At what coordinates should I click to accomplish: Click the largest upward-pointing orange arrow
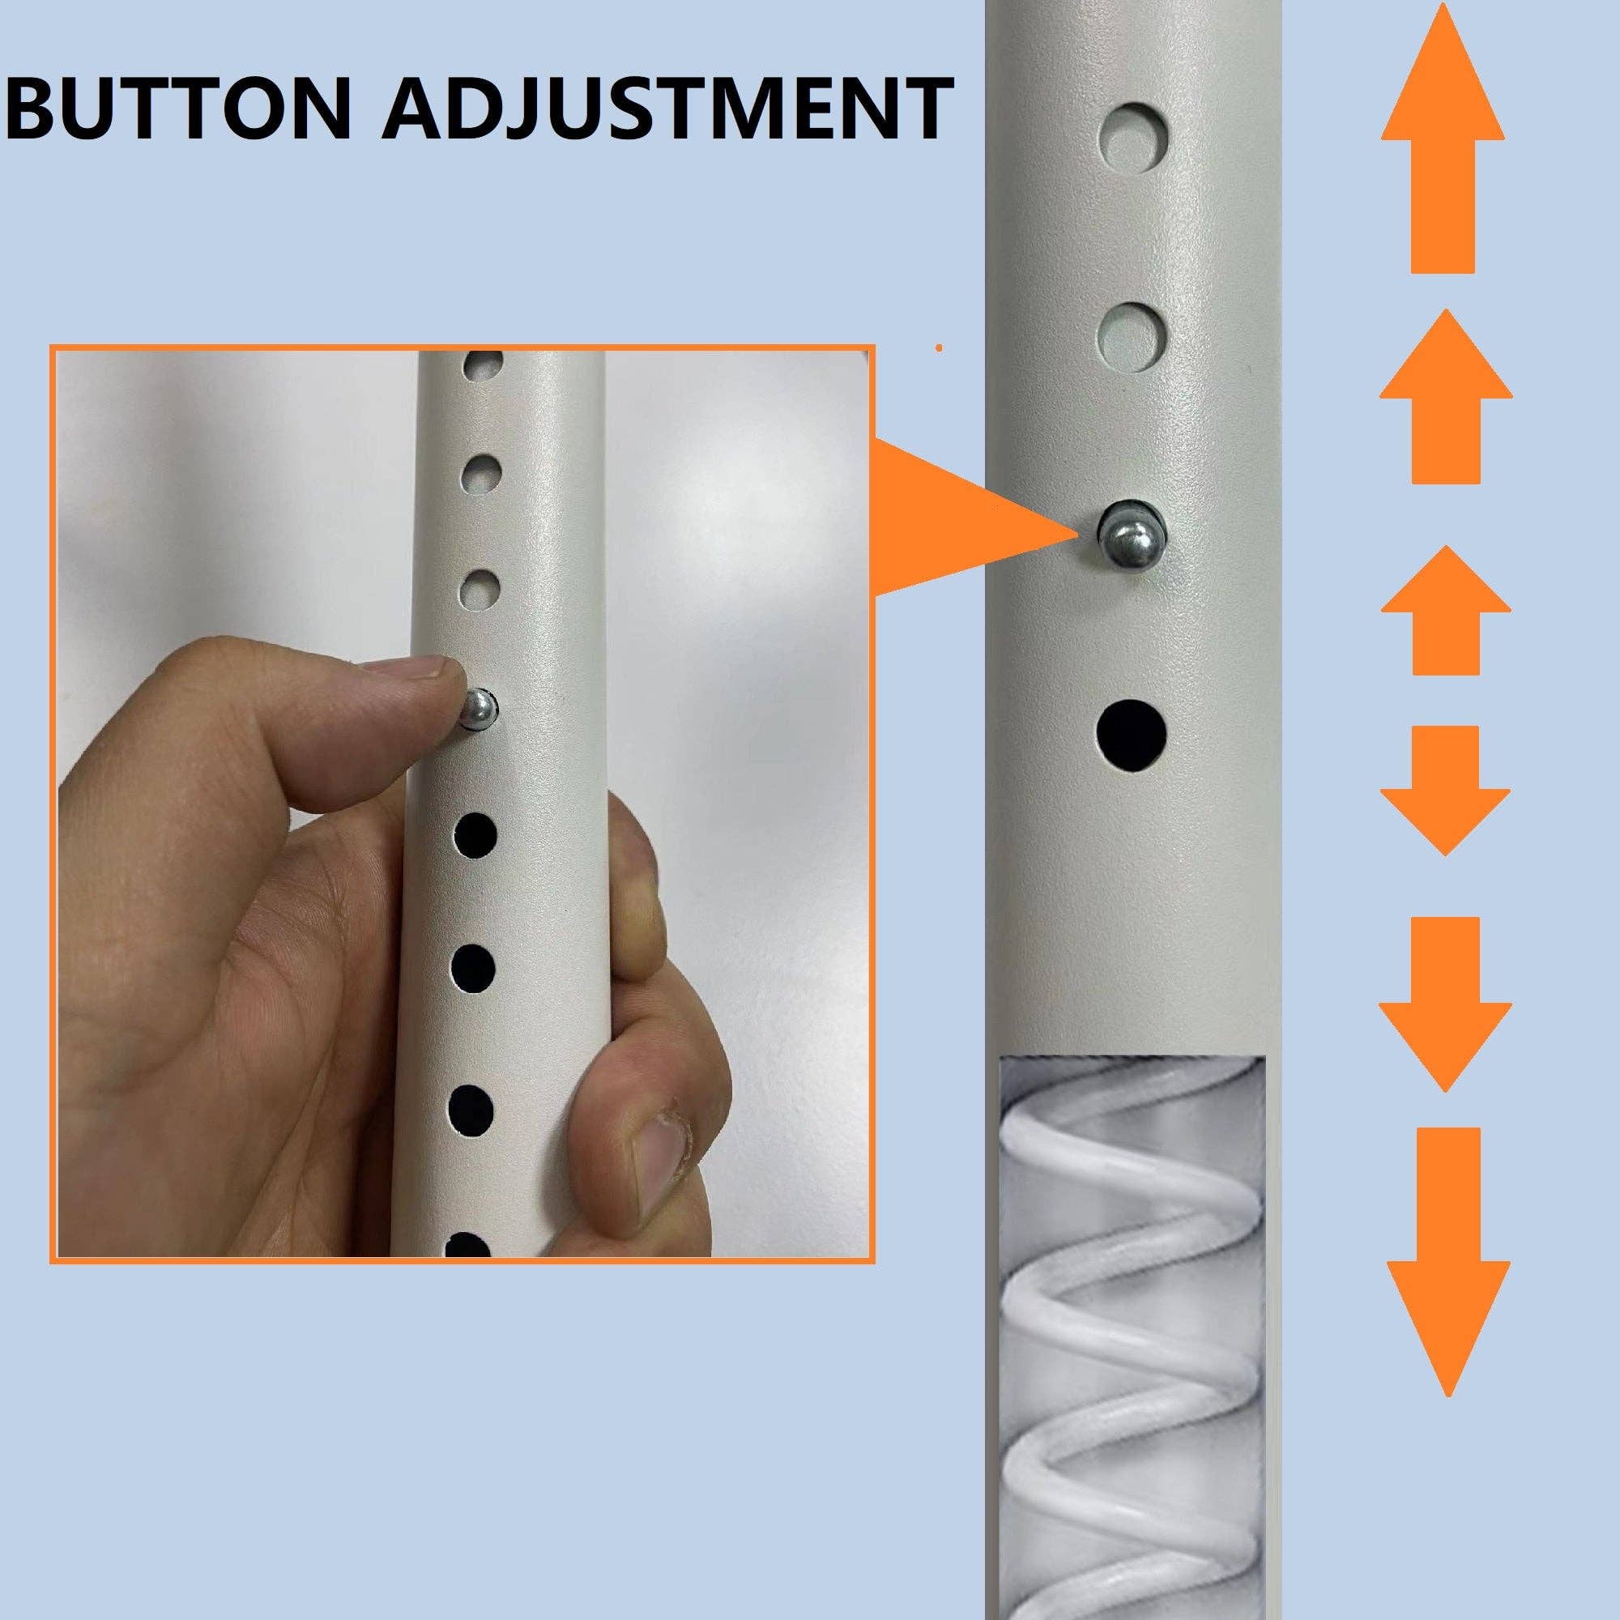1443,143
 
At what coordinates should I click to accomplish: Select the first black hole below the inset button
475,835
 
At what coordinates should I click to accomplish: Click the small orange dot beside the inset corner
938,347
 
